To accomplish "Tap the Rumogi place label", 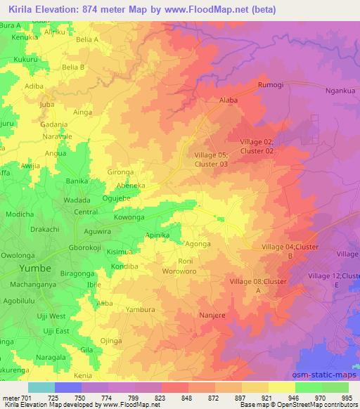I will point(270,86).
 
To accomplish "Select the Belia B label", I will point(73,67).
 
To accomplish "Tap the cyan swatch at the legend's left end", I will point(41,387).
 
